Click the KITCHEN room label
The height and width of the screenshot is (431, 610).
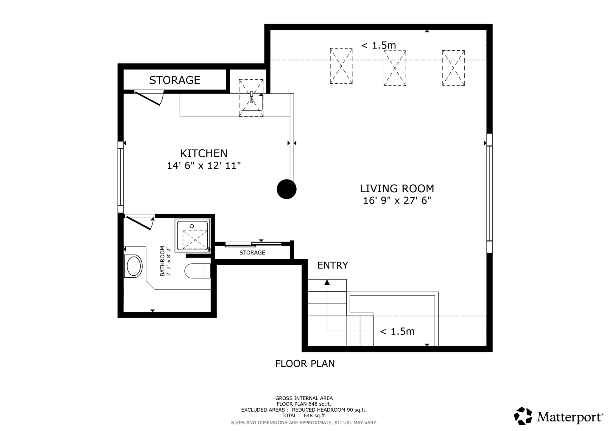[x=203, y=153]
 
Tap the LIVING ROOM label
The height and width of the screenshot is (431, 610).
[x=397, y=188]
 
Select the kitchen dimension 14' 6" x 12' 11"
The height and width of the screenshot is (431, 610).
[x=203, y=165]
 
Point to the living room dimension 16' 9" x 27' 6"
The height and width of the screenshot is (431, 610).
[x=397, y=201]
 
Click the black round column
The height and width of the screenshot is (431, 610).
[x=287, y=189]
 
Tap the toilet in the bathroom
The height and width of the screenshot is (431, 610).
[x=197, y=271]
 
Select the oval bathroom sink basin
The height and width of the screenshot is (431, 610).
[x=134, y=266]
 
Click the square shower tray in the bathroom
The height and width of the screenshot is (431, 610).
[x=192, y=235]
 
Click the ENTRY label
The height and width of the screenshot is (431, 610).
[x=332, y=265]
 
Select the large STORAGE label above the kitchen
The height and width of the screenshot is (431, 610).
[x=175, y=80]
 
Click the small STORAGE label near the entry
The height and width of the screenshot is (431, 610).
[x=252, y=253]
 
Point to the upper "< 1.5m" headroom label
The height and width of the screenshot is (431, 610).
[x=378, y=45]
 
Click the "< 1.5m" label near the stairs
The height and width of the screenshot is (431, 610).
[x=397, y=331]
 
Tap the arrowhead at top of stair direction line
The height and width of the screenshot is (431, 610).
[x=327, y=282]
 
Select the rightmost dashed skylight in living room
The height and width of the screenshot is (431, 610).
[x=453, y=68]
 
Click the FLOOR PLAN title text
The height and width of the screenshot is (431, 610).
[x=305, y=364]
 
